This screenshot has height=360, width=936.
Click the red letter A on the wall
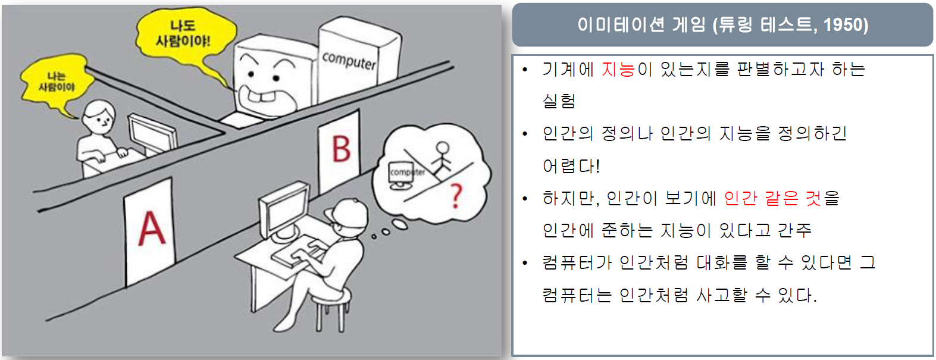tap(152, 228)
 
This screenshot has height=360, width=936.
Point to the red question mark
tap(456, 196)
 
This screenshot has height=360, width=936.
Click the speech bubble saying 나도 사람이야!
tap(183, 33)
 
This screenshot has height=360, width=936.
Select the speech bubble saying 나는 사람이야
tap(56, 82)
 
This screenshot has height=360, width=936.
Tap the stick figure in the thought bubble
tap(442, 157)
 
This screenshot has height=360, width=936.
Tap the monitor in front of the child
tap(152, 134)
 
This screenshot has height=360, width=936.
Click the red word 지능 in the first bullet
tap(618, 70)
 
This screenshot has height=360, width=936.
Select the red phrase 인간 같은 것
tap(772, 198)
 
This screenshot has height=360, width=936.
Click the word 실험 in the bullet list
tap(559, 101)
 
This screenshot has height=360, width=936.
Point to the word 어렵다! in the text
tap(571, 166)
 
